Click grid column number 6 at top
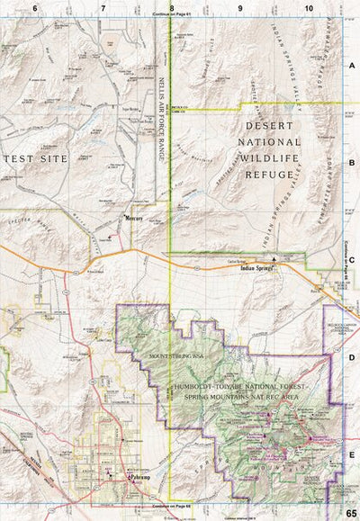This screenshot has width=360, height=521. [35, 7]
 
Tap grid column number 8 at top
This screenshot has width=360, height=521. [171, 7]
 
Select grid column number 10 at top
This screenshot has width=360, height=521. [309, 7]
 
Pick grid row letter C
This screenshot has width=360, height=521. [352, 260]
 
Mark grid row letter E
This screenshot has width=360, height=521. [352, 454]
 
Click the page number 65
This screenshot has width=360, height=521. [350, 513]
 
